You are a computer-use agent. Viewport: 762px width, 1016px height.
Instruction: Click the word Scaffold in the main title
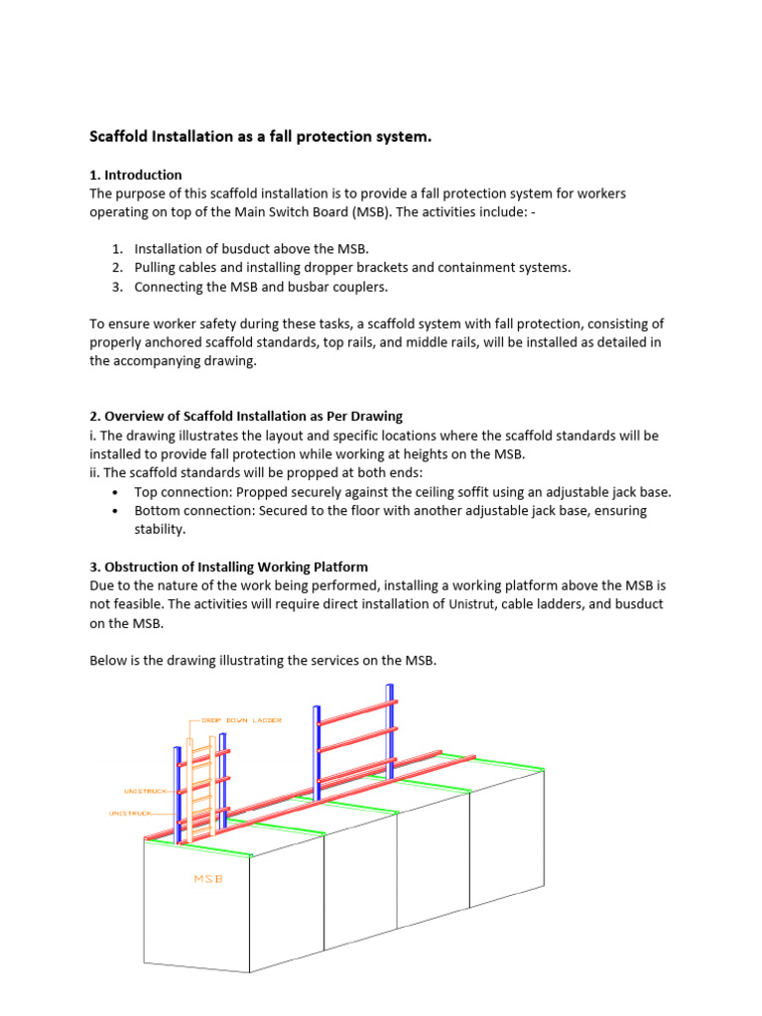point(122,137)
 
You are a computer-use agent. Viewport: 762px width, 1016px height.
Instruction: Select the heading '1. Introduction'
point(136,175)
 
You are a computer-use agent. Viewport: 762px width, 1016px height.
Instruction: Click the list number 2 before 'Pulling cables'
point(116,268)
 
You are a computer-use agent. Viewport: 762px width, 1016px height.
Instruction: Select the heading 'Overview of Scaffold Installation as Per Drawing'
point(253,416)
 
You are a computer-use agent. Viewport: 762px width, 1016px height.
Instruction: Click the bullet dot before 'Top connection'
point(117,492)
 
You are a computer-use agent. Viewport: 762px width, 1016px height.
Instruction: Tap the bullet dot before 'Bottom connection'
point(117,511)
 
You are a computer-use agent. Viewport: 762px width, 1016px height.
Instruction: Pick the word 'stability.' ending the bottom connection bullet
point(160,530)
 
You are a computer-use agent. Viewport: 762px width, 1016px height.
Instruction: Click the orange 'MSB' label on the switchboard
point(207,879)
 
